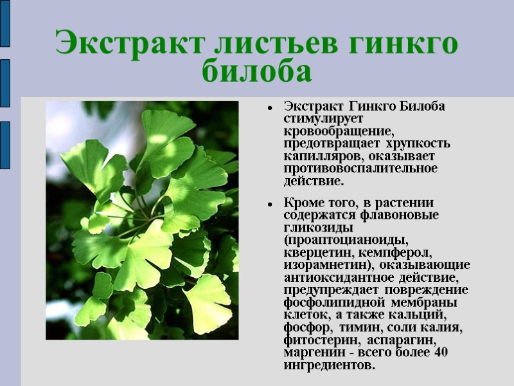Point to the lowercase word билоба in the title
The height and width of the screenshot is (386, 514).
pos(257,71)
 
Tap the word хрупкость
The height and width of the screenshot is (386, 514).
pos(420,143)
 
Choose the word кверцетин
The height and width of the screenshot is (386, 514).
pos(319,252)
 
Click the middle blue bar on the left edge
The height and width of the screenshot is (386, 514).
pos(4,83)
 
